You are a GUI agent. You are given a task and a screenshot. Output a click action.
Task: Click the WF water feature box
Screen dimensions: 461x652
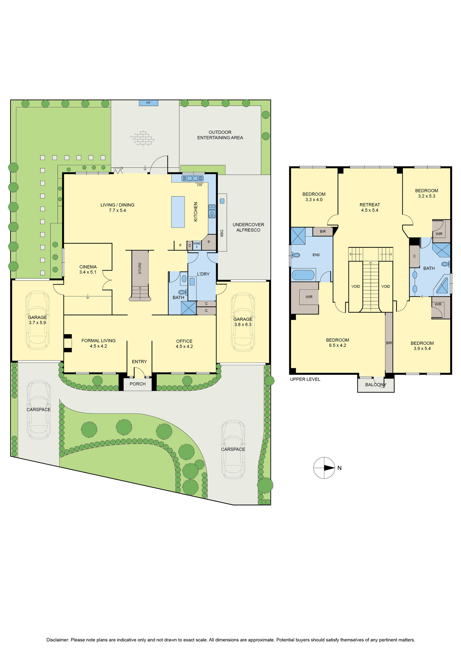(148, 103)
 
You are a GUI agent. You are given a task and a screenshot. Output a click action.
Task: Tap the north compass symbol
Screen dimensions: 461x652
(324, 468)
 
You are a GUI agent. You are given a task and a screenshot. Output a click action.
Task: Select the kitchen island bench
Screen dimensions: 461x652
(178, 212)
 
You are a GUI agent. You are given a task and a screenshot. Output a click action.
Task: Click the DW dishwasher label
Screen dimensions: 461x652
(200, 185)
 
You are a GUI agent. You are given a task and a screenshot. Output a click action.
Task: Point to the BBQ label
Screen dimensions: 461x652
(222, 233)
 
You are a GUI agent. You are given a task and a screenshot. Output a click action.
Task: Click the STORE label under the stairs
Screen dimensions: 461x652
(140, 268)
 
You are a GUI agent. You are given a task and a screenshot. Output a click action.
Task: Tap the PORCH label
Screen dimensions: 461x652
(138, 384)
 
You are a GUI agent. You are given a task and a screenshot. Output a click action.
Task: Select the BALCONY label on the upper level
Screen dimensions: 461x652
(376, 385)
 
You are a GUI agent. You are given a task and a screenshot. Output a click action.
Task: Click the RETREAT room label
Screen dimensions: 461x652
(370, 205)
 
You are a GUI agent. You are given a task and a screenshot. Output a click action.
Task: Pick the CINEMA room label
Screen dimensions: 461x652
(88, 267)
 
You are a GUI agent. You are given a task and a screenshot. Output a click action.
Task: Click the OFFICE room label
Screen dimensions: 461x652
(184, 341)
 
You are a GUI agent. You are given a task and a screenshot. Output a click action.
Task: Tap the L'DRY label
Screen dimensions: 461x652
(203, 274)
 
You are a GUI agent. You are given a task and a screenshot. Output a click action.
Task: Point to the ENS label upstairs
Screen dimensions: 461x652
(316, 255)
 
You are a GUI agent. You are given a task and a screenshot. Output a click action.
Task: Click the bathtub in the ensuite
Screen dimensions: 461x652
(304, 275)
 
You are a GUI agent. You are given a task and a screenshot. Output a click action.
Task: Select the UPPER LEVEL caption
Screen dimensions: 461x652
(305, 379)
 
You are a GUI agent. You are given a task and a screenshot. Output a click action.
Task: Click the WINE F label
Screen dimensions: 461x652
(197, 245)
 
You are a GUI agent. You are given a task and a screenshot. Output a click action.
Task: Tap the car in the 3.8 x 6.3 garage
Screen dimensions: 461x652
(243, 322)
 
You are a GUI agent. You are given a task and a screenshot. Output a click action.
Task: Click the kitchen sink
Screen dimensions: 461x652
(192, 178)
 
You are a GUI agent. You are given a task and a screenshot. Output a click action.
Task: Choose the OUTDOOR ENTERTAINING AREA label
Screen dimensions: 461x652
(220, 135)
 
